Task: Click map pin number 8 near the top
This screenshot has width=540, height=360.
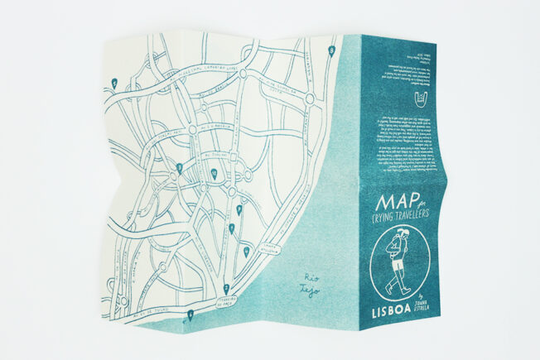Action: click(x=332, y=50)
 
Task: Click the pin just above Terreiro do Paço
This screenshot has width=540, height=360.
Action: click(x=227, y=287)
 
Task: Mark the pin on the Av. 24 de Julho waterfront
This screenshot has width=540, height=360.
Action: click(x=190, y=314)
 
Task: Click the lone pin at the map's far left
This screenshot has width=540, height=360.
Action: click(x=113, y=81)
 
